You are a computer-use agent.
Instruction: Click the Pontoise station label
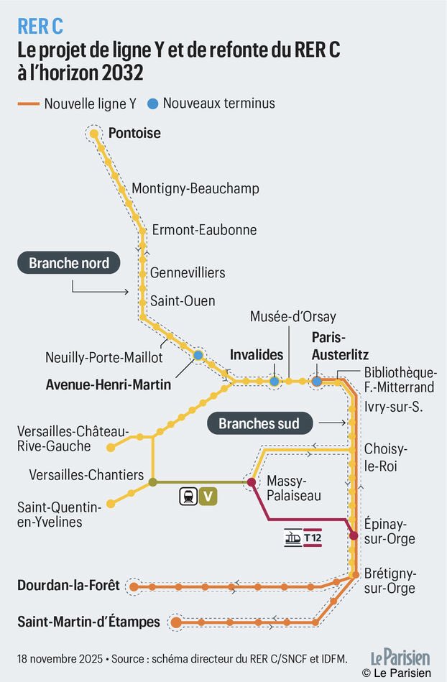[134, 133]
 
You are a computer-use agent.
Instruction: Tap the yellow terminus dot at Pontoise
[93, 133]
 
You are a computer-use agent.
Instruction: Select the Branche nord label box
[69, 263]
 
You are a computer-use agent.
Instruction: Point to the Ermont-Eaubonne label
[204, 230]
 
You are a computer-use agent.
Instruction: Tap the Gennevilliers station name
[187, 272]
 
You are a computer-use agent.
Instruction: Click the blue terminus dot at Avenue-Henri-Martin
[198, 355]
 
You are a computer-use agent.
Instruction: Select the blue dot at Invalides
[274, 381]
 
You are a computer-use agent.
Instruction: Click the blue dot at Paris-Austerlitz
[316, 381]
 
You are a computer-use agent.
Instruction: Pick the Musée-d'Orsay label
[292, 317]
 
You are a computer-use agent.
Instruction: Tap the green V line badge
[208, 495]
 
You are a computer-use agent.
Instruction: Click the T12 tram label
[312, 538]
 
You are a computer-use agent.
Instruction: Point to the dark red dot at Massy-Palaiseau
[252, 482]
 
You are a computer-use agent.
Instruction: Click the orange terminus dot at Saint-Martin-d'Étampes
[175, 622]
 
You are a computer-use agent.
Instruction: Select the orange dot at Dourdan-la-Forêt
[134, 587]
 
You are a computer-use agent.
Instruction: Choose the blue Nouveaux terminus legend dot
[152, 103]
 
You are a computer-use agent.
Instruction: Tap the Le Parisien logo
[400, 657]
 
